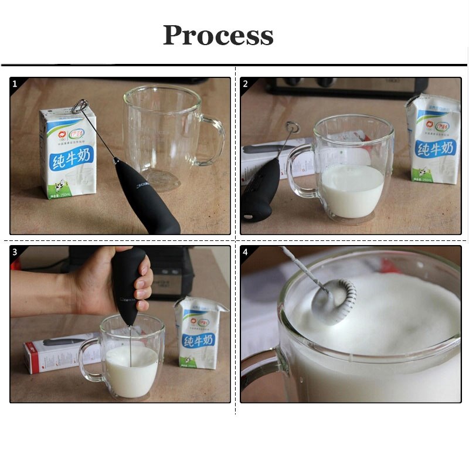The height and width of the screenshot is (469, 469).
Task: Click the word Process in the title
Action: click(x=218, y=35)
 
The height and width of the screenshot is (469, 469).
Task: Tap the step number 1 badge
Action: click(x=15, y=84)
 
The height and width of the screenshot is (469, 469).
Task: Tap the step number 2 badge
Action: click(x=245, y=84)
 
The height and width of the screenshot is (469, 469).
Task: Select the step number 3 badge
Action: click(x=15, y=252)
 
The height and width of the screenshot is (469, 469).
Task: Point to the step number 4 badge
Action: click(x=245, y=252)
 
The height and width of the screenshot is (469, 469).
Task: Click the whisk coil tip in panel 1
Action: click(x=81, y=107)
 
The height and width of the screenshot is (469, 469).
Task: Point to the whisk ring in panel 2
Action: click(x=291, y=126)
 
